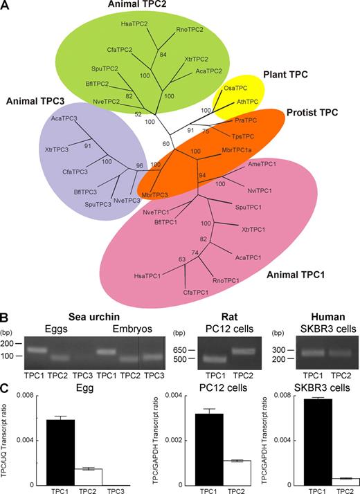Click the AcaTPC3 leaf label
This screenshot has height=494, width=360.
click(64, 118)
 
